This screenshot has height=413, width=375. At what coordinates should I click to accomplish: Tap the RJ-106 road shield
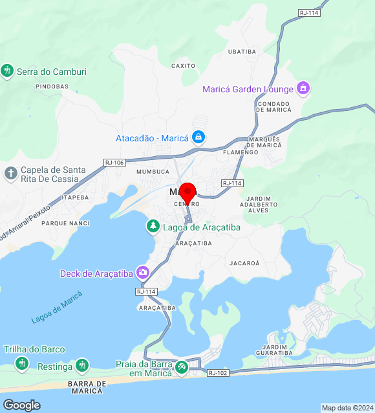pos(114,163)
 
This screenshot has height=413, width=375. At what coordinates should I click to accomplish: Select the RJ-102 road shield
pos(217,373)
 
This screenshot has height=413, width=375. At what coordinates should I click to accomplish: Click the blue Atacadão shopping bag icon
pos(198,137)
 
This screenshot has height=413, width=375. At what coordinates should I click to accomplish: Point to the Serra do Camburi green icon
pos(8,71)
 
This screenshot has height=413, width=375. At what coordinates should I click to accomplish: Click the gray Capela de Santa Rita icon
pos(11,174)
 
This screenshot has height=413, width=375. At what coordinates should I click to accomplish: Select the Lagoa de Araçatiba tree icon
pos(153,227)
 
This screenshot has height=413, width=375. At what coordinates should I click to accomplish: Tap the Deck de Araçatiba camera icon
pos(142,273)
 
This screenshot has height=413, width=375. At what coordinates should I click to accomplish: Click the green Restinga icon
pos(81,367)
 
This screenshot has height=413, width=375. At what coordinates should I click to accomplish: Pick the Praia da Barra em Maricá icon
pos(182,367)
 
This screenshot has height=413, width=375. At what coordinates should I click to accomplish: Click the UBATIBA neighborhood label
pos(242,51)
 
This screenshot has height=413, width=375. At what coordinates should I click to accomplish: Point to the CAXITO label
pos(184,65)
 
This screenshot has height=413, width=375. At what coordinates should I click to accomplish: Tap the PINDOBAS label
pos(52,86)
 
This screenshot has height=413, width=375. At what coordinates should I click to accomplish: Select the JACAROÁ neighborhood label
pos(244,263)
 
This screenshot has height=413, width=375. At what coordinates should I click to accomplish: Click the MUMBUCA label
pos(153,172)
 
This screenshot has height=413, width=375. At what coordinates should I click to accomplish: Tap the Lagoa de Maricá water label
pos(57,308)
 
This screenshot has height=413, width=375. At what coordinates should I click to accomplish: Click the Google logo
pos(21,405)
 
